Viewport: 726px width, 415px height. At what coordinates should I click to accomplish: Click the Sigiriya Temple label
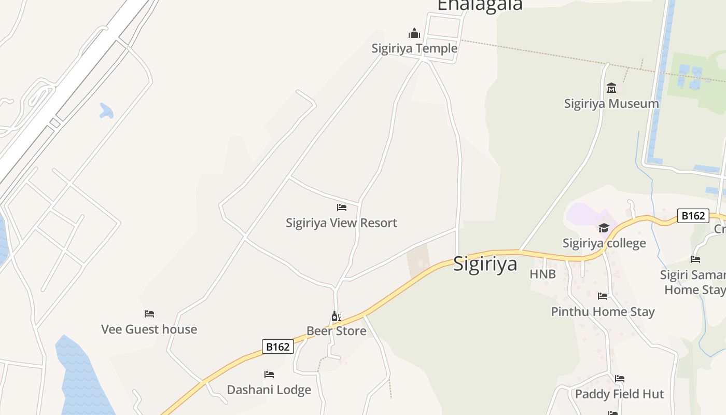click(x=414, y=48)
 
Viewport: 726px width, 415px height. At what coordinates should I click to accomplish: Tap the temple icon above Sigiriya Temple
click(x=414, y=34)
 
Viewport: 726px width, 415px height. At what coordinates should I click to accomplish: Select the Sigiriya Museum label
click(x=611, y=103)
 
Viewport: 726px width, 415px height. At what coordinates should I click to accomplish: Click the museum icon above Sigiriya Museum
click(x=611, y=88)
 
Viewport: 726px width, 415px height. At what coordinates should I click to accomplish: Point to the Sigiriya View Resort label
click(x=341, y=223)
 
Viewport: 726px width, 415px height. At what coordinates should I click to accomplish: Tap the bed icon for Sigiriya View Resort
click(x=341, y=208)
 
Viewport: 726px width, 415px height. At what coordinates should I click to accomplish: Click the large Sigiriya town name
click(x=485, y=264)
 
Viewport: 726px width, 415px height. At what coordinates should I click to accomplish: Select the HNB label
click(x=542, y=274)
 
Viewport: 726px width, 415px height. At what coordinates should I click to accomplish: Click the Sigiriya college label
click(x=604, y=243)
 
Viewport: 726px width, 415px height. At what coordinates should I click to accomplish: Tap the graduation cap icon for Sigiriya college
click(x=604, y=228)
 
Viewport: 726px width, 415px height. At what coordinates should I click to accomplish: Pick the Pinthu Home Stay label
click(x=603, y=311)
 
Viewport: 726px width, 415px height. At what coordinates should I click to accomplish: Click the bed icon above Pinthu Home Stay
click(x=603, y=296)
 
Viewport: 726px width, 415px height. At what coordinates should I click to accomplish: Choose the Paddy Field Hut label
click(x=619, y=394)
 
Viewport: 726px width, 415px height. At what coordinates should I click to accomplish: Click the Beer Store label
click(x=336, y=330)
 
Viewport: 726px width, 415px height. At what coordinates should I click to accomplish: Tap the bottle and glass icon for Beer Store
click(x=336, y=316)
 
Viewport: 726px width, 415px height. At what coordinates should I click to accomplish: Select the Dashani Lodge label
click(x=269, y=390)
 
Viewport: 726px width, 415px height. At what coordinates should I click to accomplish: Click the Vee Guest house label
click(x=149, y=329)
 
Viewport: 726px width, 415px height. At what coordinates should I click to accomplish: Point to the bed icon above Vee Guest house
click(x=149, y=314)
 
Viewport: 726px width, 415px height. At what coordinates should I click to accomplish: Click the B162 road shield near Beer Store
click(x=277, y=347)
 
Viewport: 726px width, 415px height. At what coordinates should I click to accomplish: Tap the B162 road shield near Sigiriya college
click(x=693, y=216)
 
